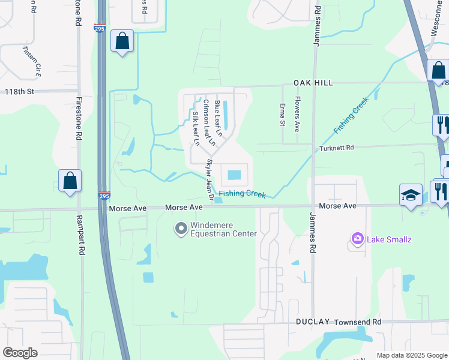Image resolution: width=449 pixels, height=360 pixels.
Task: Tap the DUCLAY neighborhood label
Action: [313, 322]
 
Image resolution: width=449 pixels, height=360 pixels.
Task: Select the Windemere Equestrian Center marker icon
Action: [180, 229]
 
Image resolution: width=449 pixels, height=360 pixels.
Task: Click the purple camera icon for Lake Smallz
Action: [358, 240]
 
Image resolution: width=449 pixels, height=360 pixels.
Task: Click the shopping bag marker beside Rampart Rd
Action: [70, 180]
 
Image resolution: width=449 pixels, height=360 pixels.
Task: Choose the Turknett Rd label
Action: [337, 148]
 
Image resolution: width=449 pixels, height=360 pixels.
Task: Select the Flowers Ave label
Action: [297, 115]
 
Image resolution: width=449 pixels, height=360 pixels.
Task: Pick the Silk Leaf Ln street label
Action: [195, 128]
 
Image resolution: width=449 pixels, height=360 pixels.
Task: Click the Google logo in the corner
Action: [20, 353]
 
